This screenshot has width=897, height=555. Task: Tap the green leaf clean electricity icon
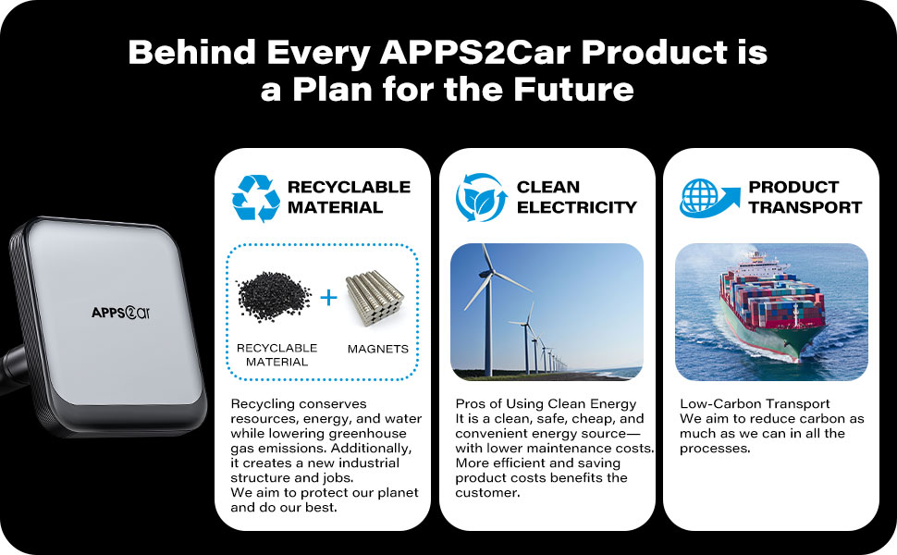pyautogui.click(x=481, y=197)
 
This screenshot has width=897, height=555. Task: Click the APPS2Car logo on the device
pyautogui.click(x=121, y=313)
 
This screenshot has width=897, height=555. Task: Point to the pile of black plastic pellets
pyautogui.click(x=274, y=296)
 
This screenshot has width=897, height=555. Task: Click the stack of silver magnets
pyautogui.click(x=375, y=298)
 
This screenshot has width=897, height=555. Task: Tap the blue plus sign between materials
pyautogui.click(x=328, y=298)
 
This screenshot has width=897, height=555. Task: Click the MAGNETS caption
pyautogui.click(x=378, y=349)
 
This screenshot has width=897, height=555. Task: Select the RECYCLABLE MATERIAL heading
pyautogui.click(x=349, y=197)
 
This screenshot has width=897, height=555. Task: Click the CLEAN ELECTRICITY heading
pyautogui.click(x=577, y=197)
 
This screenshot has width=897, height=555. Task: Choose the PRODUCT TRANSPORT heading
pyautogui.click(x=805, y=197)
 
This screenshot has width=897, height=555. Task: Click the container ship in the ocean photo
pyautogui.click(x=771, y=306)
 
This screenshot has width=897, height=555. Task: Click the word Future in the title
pyautogui.click(x=573, y=89)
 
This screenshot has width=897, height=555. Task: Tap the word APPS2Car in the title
pyautogui.click(x=474, y=53)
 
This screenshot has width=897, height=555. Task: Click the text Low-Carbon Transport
pyautogui.click(x=755, y=404)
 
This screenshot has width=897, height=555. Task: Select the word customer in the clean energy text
pyautogui.click(x=487, y=493)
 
